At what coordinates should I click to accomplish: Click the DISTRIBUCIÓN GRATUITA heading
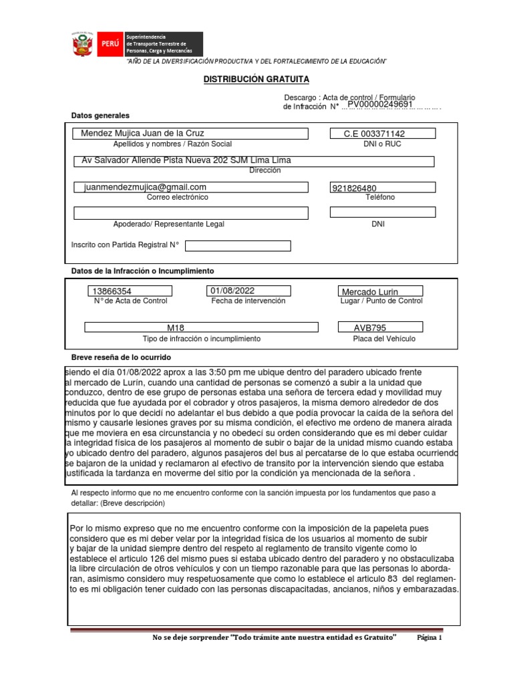(x=256, y=79)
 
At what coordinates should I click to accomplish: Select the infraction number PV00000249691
(x=379, y=105)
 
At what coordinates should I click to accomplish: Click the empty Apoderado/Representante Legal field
(x=190, y=213)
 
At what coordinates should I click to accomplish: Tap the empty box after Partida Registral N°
(x=238, y=246)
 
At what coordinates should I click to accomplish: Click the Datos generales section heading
(x=100, y=116)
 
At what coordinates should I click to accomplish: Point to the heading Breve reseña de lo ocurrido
(x=121, y=358)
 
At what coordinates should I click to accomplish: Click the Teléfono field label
(x=380, y=197)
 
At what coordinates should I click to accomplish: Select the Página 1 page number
(x=430, y=637)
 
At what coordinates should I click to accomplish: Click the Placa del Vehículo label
(x=384, y=339)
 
